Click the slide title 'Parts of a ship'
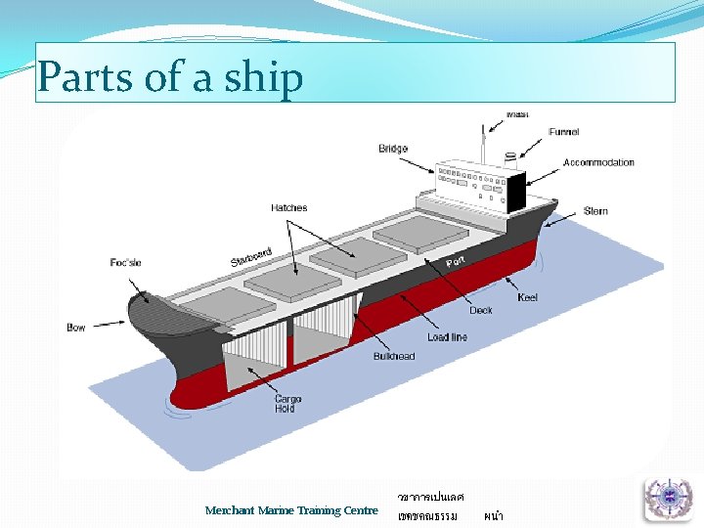(x=170, y=77)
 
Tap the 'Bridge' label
(x=393, y=149)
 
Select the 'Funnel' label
(x=563, y=132)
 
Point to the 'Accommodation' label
(x=598, y=162)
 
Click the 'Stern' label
(x=595, y=211)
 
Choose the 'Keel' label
(x=527, y=297)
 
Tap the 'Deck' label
(x=481, y=311)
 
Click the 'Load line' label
(x=447, y=337)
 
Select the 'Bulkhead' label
(x=394, y=357)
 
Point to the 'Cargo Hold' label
(x=288, y=404)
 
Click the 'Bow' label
(x=76, y=328)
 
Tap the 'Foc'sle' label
(x=126, y=263)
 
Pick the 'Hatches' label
(x=289, y=208)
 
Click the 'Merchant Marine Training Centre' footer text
(x=291, y=510)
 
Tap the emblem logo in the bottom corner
(x=668, y=498)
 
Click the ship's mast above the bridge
(x=482, y=144)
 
